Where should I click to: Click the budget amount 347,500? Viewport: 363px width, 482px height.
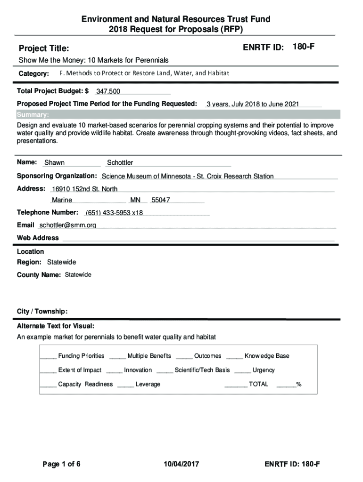pyautogui.click(x=108, y=91)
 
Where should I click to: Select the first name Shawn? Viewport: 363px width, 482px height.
pyautogui.click(x=54, y=163)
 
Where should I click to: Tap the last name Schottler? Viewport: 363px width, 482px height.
pyautogui.click(x=120, y=163)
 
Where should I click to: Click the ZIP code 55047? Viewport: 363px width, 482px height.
pyautogui.click(x=161, y=200)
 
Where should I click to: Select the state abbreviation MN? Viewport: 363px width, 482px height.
pyautogui.click(x=135, y=200)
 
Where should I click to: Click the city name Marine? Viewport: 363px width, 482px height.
pyautogui.click(x=62, y=200)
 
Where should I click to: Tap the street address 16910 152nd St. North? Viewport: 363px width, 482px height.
pyautogui.click(x=84, y=189)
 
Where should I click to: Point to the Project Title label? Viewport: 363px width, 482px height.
pyautogui.click(x=43, y=48)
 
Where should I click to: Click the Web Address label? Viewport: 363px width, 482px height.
pyautogui.click(x=38, y=238)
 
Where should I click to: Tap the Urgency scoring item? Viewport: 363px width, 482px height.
pyautogui.click(x=264, y=370)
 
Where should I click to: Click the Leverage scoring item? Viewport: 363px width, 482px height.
pyautogui.click(x=148, y=384)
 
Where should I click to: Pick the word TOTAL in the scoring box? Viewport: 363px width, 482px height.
pyautogui.click(x=258, y=384)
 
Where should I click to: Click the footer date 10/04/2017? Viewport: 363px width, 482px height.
pyautogui.click(x=180, y=465)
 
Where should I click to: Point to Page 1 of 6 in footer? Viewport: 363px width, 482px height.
pyautogui.click(x=61, y=465)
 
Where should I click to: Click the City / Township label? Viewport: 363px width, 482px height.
pyautogui.click(x=42, y=312)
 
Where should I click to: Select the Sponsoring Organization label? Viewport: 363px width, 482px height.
pyautogui.click(x=57, y=176)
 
